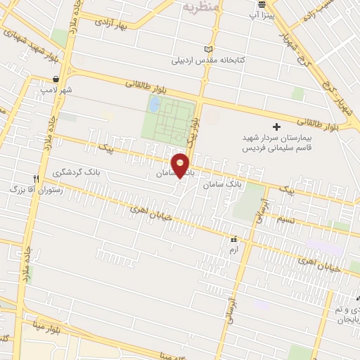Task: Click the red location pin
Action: pyautogui.click(x=180, y=165)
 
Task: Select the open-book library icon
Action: pyautogui.click(x=207, y=49)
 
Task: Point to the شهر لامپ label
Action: pyautogui.click(x=61, y=90)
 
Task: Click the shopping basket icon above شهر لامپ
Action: pyautogui.click(x=56, y=79)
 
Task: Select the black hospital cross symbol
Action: pyautogui.click(x=276, y=127)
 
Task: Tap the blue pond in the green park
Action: pyautogui.click(x=153, y=105)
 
